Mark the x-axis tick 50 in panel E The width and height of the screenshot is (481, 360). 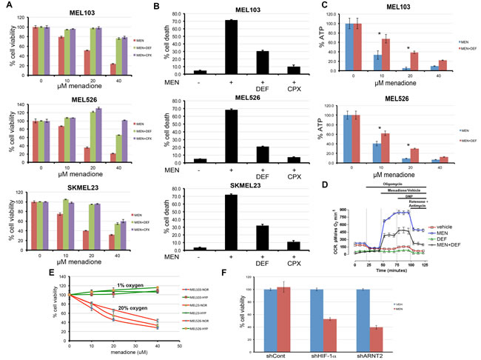coord(181,344)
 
